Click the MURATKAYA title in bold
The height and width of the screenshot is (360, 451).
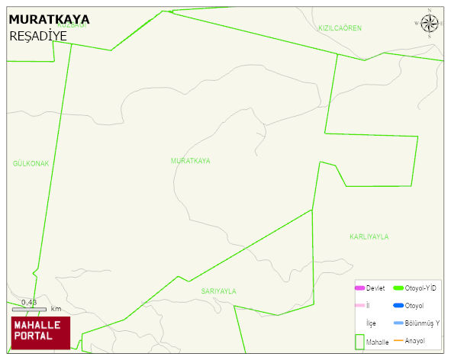[48, 19]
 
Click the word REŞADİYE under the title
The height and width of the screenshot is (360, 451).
[38, 36]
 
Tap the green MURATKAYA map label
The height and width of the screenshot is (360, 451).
[191, 161]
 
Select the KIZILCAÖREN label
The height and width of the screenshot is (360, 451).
[340, 27]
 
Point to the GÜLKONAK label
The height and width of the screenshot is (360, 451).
[31, 164]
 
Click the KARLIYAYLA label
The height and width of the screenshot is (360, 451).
[369, 236]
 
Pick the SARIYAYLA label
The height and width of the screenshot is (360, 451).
[219, 291]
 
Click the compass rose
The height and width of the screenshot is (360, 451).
[430, 23]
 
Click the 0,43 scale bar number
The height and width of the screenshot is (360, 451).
[29, 303]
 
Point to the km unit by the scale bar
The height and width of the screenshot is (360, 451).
[56, 309]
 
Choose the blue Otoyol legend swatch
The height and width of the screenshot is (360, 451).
[398, 306]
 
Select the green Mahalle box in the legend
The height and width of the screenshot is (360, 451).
[360, 342]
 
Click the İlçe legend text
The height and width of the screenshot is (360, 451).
[371, 323]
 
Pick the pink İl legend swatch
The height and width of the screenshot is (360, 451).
[360, 306]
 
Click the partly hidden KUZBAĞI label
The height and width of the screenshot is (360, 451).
[69, 24]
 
